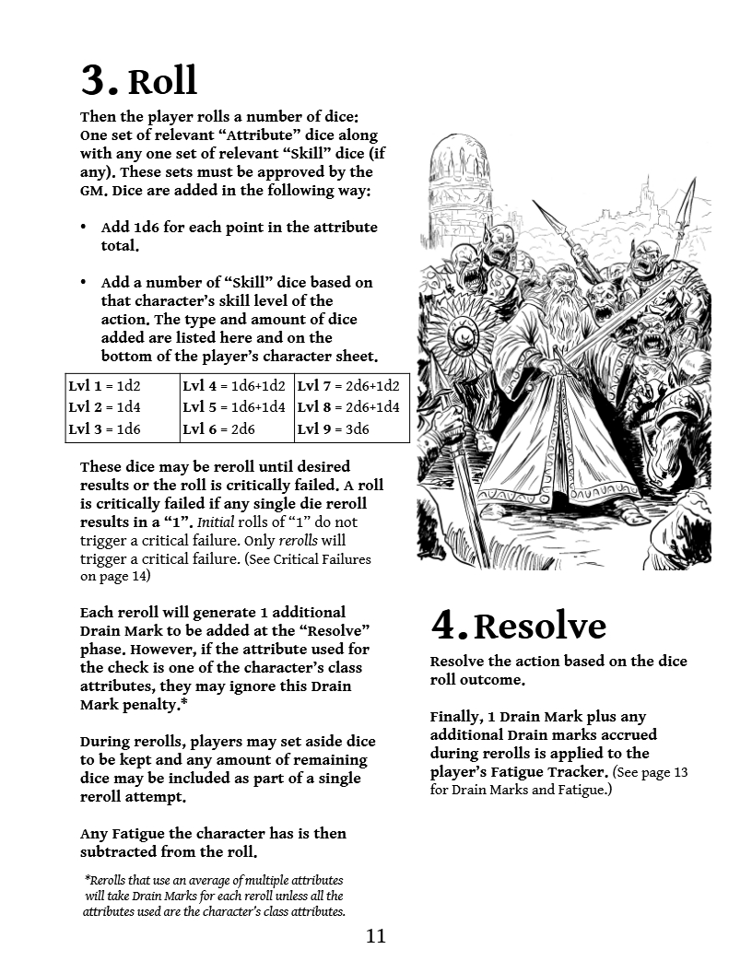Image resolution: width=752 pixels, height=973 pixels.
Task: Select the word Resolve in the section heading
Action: [539, 627]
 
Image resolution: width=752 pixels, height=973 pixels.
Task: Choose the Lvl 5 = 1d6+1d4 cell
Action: [234, 407]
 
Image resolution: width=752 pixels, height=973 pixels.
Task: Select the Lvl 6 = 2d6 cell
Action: [219, 429]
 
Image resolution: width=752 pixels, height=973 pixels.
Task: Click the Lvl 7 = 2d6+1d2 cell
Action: [348, 386]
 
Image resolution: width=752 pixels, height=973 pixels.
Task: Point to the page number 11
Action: [376, 936]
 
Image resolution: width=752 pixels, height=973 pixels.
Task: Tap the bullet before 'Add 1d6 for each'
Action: [84, 228]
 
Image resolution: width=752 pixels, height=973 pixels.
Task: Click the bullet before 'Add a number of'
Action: [84, 283]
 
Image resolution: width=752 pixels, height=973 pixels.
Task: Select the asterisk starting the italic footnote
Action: [87, 879]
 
